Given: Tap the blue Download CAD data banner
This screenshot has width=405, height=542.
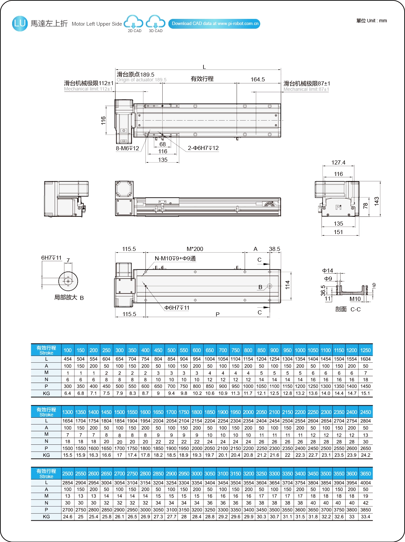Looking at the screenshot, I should point(214,24).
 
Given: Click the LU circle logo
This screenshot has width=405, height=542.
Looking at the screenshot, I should point(20,24).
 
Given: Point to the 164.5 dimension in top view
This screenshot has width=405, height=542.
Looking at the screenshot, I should point(258,79).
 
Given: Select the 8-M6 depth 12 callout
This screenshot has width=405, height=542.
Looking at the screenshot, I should point(128,148).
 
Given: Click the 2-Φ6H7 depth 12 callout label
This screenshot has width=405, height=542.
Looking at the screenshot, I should point(203,148).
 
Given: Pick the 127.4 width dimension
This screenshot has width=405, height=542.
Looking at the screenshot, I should point(338,162).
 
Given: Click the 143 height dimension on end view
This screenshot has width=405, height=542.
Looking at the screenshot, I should point(377,201).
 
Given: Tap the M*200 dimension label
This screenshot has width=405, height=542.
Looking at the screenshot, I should point(195,249).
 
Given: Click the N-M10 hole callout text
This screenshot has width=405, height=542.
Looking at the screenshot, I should point(175,258).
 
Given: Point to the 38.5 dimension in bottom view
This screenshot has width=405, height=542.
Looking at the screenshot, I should point(274,249).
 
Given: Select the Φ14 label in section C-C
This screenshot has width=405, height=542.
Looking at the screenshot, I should point(327,270).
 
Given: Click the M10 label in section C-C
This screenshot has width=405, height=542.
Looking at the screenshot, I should point(355,299).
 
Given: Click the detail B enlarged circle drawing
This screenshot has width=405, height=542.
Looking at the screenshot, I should point(68,281).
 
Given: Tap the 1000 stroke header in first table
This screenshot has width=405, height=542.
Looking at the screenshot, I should point(300,350).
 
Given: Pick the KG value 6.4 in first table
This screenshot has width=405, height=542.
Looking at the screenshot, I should point(67,393).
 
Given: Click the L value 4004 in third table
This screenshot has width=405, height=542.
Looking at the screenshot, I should point(366,483).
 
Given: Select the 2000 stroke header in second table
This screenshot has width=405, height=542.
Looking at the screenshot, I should point(248,412).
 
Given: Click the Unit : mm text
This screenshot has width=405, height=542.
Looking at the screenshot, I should point(372,21).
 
